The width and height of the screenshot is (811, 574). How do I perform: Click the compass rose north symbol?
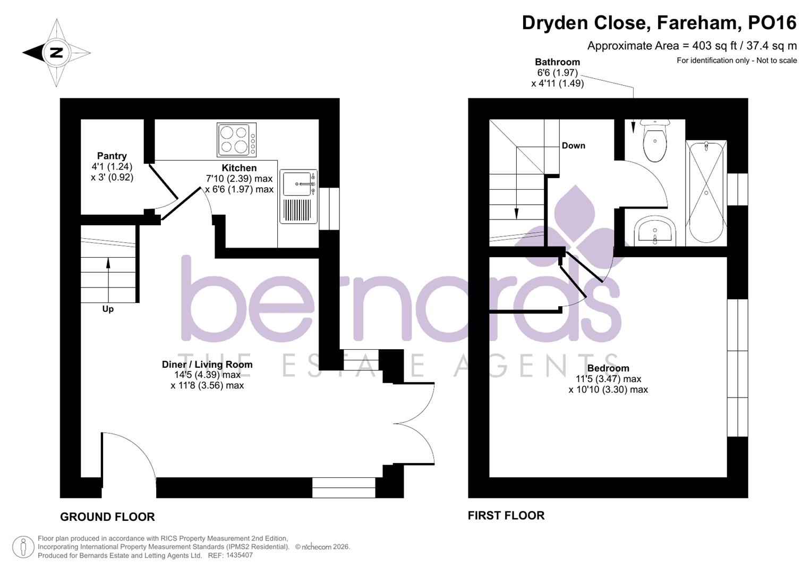[x=56, y=53]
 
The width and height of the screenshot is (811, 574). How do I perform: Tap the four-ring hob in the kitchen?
[x=237, y=140]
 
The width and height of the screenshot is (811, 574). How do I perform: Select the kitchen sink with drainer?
[x=298, y=196]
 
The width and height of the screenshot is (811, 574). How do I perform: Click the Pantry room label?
[x=112, y=156]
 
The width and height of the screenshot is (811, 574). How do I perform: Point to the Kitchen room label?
[x=239, y=168]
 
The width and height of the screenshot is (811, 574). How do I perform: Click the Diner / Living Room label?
[x=207, y=365]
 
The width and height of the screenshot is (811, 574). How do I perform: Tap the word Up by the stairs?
[x=108, y=309]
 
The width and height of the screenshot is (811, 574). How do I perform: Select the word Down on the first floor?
[x=573, y=146]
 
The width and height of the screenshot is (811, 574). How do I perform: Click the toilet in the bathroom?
[x=655, y=141]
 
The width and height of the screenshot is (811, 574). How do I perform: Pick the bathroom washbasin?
[x=654, y=232]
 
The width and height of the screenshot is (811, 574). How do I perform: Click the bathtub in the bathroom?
[x=706, y=192]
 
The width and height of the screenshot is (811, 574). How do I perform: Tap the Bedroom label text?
[x=608, y=368]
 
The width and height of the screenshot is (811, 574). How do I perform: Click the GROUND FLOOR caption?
[x=107, y=517]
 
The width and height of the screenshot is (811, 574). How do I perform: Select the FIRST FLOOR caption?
[x=506, y=516]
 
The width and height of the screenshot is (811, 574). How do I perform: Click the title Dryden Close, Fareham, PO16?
[x=659, y=23]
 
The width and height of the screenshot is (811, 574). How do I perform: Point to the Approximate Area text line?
[x=692, y=46]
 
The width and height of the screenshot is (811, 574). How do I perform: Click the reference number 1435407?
[x=239, y=555]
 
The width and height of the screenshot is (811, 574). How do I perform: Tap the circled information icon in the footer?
[x=23, y=547]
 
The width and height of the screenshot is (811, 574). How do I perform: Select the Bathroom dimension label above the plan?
[x=557, y=73]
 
